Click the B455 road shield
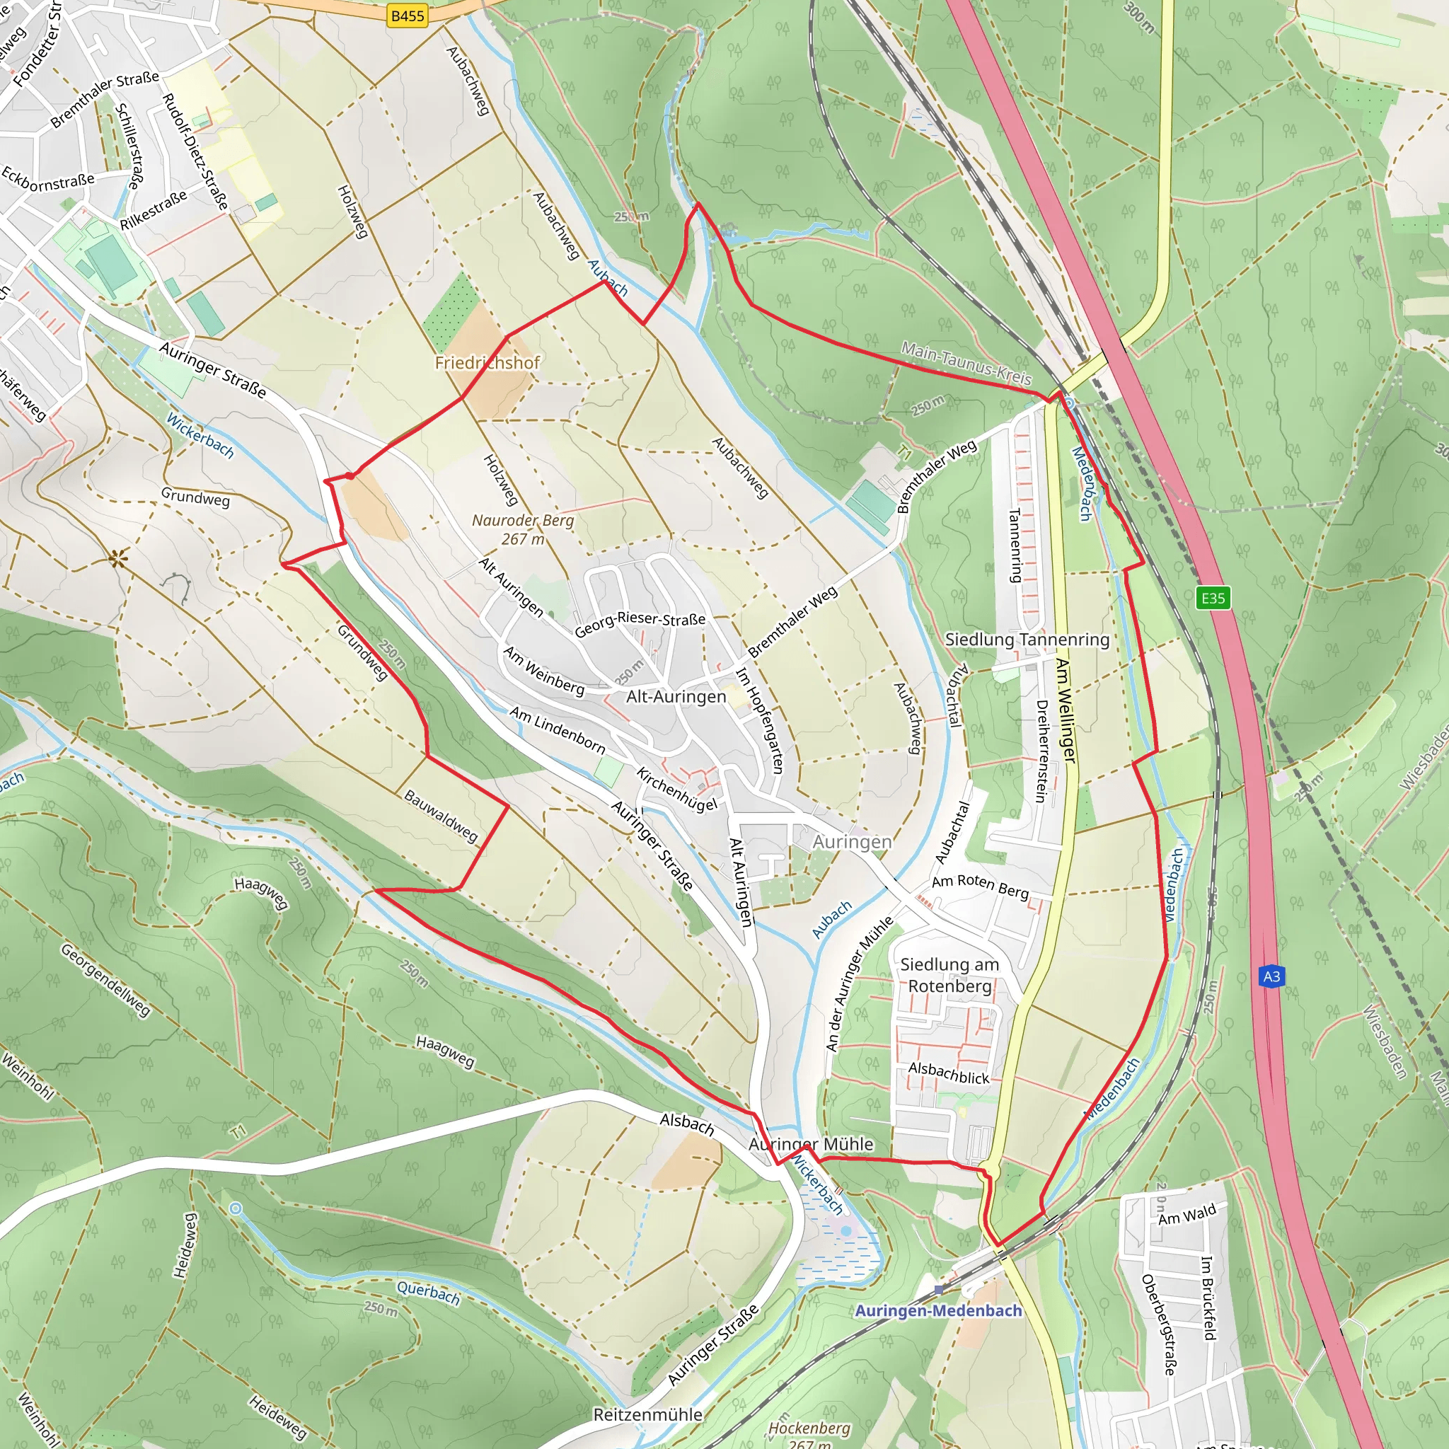coord(408,16)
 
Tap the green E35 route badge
coord(1213,598)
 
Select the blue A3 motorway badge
coord(1271,976)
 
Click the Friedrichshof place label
coord(487,363)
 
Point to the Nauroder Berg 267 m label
coord(523,529)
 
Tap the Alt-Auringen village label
coord(676,697)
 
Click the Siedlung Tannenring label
coord(1027,640)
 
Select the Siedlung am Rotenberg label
coord(949,975)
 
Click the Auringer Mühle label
coord(812,1145)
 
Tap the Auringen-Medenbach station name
coord(938,1310)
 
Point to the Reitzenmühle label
coord(647,1414)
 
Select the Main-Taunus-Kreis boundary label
coord(966,364)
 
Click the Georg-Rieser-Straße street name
coord(640,623)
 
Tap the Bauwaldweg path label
coord(440,816)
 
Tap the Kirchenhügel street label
coord(676,789)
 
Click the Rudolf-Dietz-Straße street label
coord(195,151)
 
